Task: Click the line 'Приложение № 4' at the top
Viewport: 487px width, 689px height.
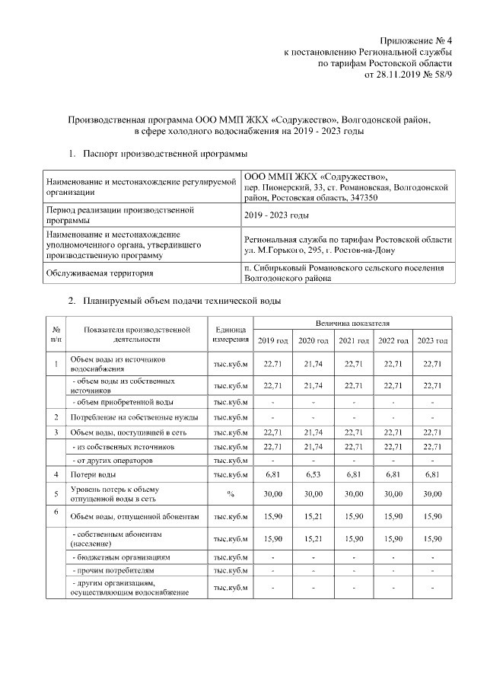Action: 416,40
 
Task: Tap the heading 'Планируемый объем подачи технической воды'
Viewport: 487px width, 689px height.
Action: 183,301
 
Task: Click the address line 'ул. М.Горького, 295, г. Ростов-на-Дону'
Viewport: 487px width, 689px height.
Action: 320,250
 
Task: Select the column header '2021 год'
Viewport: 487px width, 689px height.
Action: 354,340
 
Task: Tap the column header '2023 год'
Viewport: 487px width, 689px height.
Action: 433,340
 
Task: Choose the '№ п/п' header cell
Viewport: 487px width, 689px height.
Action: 56,333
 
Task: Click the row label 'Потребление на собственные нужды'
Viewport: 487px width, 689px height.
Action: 135,417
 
